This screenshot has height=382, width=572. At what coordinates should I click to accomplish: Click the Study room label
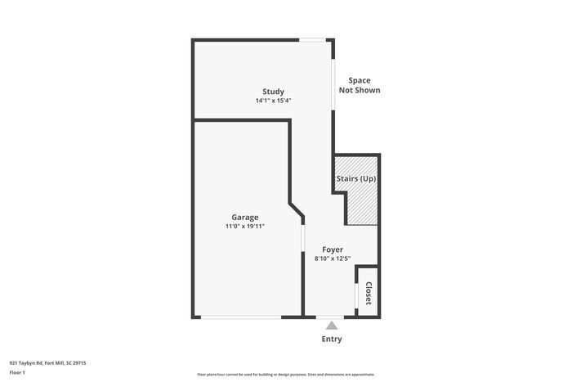click(x=273, y=91)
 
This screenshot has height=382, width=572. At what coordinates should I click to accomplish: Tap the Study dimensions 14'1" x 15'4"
click(x=273, y=101)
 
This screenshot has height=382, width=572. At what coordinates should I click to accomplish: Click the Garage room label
click(x=244, y=217)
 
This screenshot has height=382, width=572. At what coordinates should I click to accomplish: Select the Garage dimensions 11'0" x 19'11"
click(x=244, y=227)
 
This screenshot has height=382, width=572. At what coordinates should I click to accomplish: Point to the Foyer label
click(x=332, y=249)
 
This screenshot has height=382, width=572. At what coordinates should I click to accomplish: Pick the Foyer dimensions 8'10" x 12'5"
click(x=332, y=259)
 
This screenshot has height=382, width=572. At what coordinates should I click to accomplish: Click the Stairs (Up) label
click(x=356, y=178)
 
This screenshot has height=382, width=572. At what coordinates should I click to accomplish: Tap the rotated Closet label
click(x=369, y=293)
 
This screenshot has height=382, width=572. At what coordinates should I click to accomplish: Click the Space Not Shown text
click(x=360, y=85)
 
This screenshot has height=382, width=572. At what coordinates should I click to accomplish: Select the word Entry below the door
click(x=332, y=339)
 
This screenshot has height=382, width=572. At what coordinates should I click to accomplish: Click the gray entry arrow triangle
click(x=332, y=326)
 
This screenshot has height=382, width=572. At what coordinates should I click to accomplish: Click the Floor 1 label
click(x=17, y=373)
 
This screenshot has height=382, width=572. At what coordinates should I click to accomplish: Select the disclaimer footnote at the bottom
click(x=286, y=374)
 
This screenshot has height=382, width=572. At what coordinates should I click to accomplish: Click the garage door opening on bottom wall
click(x=241, y=317)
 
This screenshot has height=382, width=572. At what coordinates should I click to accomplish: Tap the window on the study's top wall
click(x=311, y=39)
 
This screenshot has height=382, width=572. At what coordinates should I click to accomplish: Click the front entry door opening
click(x=331, y=317)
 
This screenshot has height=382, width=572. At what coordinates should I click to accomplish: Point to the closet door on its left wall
click(x=357, y=294)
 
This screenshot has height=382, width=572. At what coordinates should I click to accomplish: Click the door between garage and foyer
click(x=303, y=245)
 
